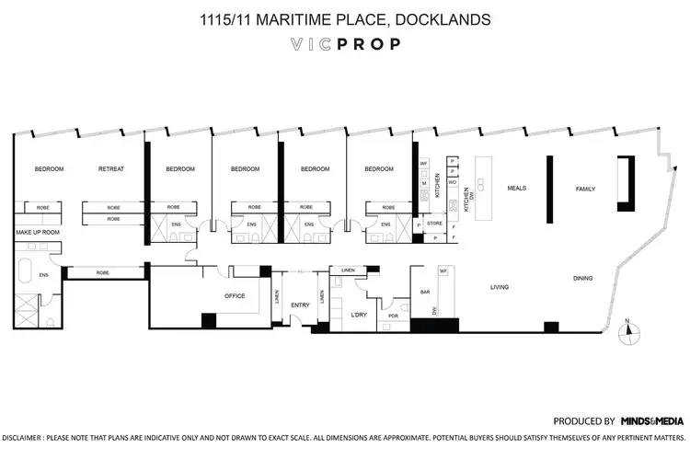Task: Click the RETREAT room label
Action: [x=111, y=169]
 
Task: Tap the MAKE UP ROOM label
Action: [x=38, y=233]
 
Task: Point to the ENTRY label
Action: [x=301, y=305]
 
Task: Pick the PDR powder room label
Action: [x=393, y=316]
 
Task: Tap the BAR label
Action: [x=426, y=292]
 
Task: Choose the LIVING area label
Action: [x=499, y=288]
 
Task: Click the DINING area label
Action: [x=582, y=279]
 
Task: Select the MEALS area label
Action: [x=517, y=188]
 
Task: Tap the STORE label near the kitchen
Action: [x=435, y=222]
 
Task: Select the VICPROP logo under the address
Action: [x=345, y=44]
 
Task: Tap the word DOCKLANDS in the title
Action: [x=452, y=18]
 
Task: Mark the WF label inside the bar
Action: [x=443, y=270]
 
